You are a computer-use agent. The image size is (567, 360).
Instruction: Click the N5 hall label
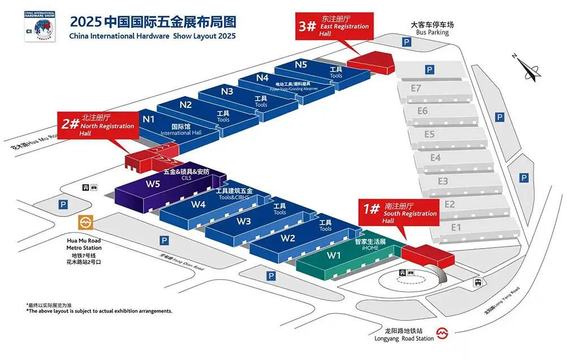point(301,64)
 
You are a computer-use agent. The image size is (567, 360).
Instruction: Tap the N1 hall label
point(149,119)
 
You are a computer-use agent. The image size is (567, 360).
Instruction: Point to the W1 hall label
point(334,255)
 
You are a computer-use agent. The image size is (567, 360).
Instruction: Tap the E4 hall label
point(435,158)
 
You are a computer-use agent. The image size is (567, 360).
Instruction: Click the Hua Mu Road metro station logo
point(86,223)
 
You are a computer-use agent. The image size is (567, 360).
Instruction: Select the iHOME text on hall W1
point(370,248)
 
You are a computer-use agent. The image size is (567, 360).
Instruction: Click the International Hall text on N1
point(180,133)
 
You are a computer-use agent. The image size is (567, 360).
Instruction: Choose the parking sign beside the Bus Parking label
point(406,42)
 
